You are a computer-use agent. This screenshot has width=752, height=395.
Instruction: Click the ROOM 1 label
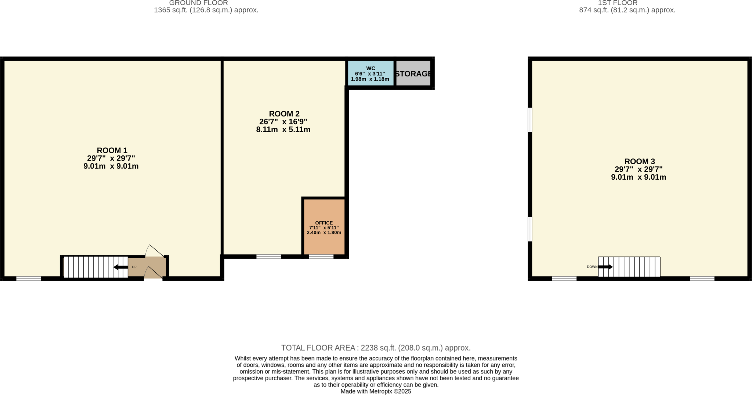point(112,150)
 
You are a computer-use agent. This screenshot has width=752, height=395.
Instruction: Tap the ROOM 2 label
point(284,114)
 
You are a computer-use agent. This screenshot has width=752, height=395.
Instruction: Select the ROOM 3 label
point(639,161)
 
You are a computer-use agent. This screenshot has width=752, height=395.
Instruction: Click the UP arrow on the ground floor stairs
point(121,267)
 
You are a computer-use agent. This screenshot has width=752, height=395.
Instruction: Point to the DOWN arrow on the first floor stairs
point(605,267)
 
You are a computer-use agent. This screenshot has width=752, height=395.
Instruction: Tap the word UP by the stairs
point(134,267)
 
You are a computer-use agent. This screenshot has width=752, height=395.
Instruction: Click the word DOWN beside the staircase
point(592,267)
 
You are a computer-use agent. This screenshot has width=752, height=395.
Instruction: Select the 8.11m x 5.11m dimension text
point(283,130)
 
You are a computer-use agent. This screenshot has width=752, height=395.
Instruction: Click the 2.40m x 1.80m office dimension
point(324,233)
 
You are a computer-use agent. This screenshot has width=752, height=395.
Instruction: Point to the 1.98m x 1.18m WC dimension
point(370,79)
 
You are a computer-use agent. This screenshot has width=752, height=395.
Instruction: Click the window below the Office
point(321,256)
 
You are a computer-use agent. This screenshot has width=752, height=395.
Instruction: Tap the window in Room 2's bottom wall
point(268,256)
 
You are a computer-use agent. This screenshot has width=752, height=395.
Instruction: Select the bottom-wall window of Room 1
point(29,279)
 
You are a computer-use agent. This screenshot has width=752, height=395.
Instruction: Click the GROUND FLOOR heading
point(199,3)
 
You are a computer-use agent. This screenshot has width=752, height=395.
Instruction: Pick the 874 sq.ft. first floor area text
point(627,10)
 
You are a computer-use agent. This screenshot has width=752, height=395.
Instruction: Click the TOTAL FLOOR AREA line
point(376,348)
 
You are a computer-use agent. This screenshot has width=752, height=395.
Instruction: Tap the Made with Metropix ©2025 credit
point(376,391)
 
